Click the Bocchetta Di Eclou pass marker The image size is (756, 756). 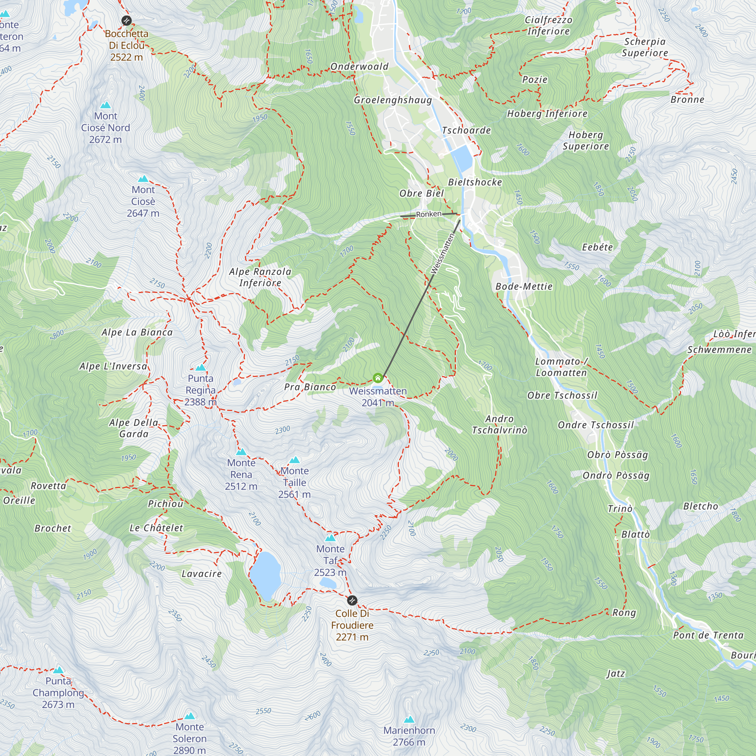pos(126,20)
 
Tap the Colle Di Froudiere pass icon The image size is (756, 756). pos(352,600)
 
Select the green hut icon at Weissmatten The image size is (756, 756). pos(378,378)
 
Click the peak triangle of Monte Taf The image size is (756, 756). pos(330,538)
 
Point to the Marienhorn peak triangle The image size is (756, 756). pos(409,719)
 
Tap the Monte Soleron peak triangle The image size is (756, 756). pos(190,716)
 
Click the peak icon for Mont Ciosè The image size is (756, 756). pos(143,179)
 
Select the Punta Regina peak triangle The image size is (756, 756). pos(200,367)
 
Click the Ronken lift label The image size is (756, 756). pos(429,214)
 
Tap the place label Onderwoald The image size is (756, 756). pos(359,67)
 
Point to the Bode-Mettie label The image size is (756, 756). pos(524,287)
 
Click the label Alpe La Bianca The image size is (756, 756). pos(137,333)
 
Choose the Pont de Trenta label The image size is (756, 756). pos(708,635)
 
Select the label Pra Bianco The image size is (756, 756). pos(310,387)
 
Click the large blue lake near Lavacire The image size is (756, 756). pos(265,575)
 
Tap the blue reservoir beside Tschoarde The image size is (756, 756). pos(463,157)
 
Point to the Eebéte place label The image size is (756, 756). pos(597,247)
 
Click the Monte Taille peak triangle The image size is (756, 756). pos(295,460)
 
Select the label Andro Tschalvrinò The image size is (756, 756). pos(499,424)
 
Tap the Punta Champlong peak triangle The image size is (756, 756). pos(59,670)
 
